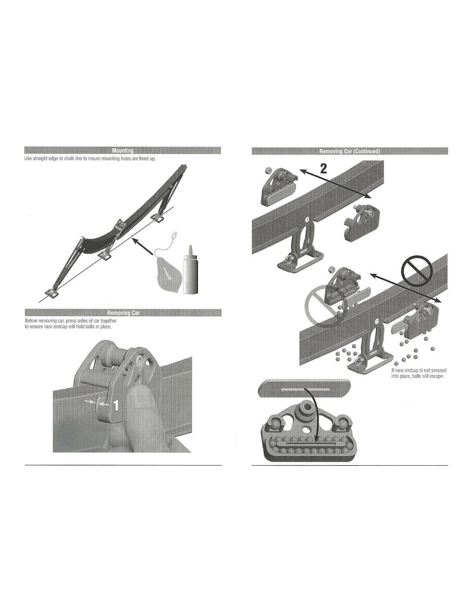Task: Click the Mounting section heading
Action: coord(123,150)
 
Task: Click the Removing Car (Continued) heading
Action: coord(350,151)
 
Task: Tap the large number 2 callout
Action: coord(324,168)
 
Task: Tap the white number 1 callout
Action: coord(116,405)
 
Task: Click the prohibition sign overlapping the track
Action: coord(416,271)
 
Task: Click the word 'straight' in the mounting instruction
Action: coord(42,159)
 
